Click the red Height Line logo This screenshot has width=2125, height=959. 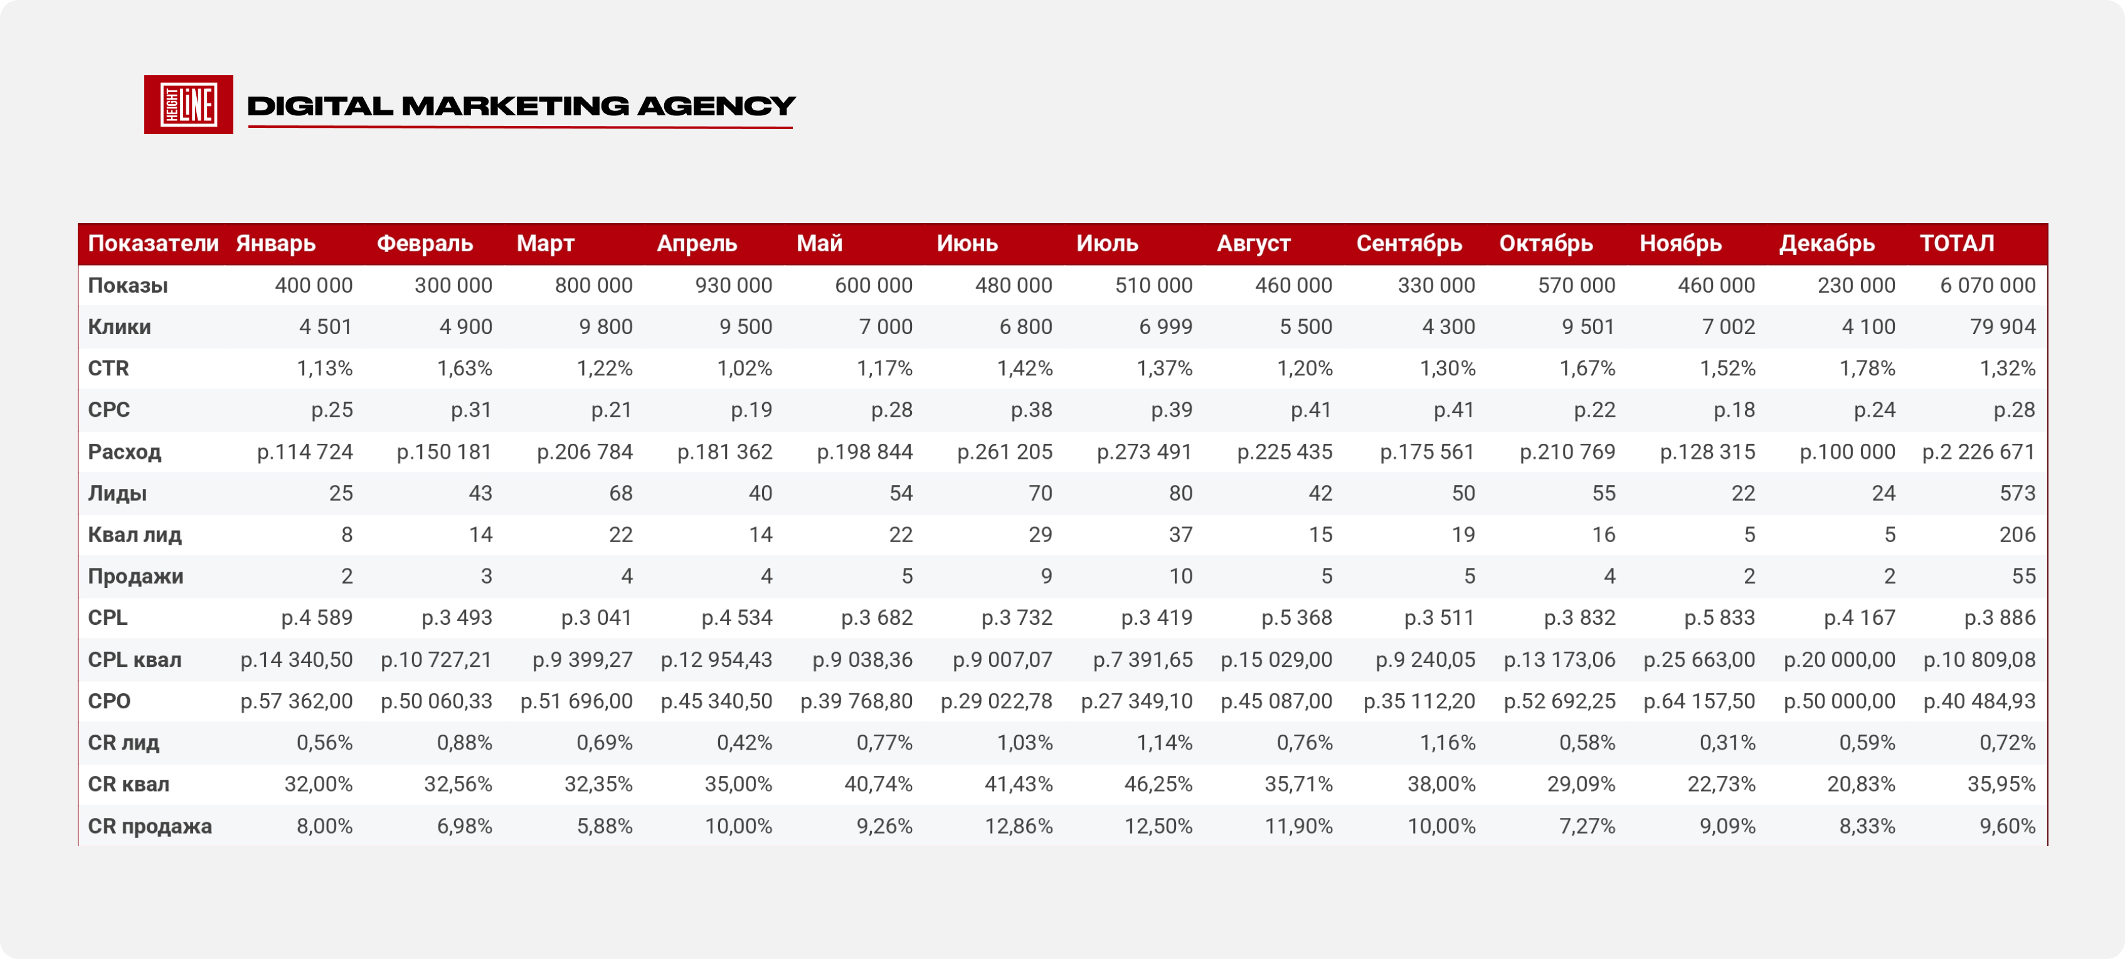coord(188,105)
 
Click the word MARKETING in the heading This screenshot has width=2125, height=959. coord(516,105)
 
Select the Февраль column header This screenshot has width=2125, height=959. coord(425,243)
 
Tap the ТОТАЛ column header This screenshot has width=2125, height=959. coord(1957,243)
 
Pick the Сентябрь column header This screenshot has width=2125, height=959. coord(1409,243)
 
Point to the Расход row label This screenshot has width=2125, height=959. coord(125,452)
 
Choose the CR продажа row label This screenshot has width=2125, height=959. coord(150,825)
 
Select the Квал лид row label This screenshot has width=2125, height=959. coord(134,534)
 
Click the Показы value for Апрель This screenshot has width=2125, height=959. coord(733,285)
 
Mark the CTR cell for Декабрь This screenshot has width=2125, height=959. coord(1867,368)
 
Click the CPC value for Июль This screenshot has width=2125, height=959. coord(1172,410)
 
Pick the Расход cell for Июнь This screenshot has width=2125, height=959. coord(1005,452)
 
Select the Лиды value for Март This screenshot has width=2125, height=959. coord(620,493)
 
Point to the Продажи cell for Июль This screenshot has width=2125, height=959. coord(1180,575)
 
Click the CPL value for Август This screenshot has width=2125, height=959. coord(1297,617)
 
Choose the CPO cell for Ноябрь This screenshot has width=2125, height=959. coord(1699,701)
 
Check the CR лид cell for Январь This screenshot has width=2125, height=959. coord(324,742)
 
